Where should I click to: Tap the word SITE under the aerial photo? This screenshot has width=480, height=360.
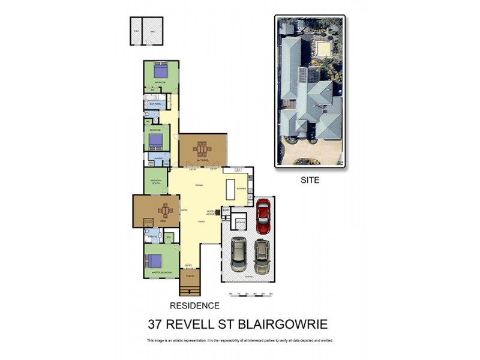pyautogui.click(x=310, y=179)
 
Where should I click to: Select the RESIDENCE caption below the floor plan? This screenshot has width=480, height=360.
pyautogui.click(x=195, y=305)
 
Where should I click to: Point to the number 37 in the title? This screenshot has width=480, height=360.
pyautogui.click(x=157, y=325)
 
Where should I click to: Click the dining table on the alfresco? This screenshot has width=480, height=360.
pyautogui.click(x=203, y=149)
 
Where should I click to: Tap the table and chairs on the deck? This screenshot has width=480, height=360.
pyautogui.click(x=164, y=211)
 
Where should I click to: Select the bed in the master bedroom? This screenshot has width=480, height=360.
pyautogui.click(x=154, y=260)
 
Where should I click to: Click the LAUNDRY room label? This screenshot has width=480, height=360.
pyautogui.click(x=159, y=158)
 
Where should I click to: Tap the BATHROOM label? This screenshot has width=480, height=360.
pyautogui.click(x=156, y=104)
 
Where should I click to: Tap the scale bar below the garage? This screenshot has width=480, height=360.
pyautogui.click(x=251, y=293)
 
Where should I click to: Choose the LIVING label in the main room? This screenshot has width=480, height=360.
pyautogui.click(x=202, y=222)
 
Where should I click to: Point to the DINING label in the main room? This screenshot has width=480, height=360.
pyautogui.click(x=198, y=185)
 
